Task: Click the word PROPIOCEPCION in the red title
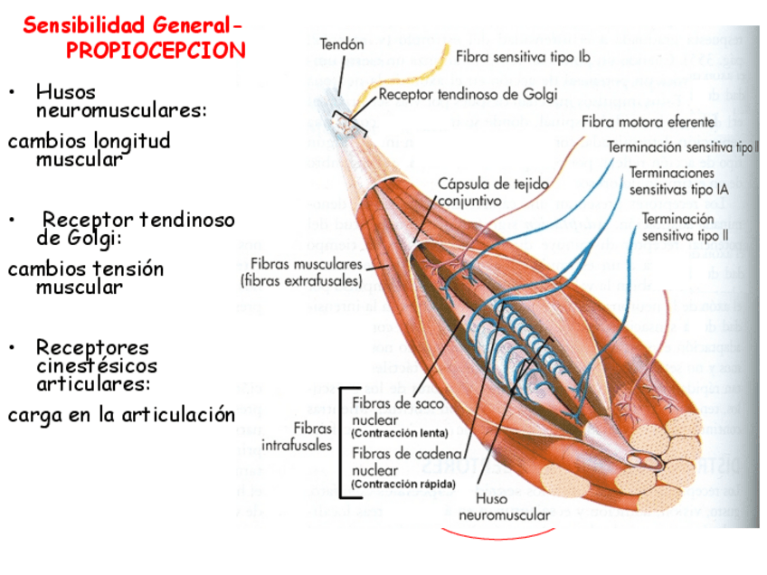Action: [156, 50]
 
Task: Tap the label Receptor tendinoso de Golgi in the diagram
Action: [468, 93]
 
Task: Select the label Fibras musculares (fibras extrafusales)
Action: [301, 272]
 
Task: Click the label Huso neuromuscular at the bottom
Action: [504, 506]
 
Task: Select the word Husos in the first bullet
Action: [65, 91]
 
